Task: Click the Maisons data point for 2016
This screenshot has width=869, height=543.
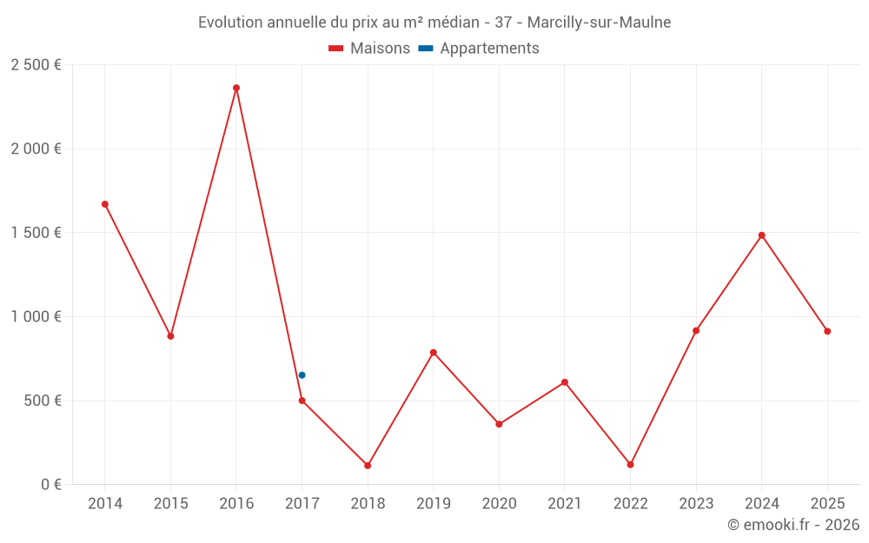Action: pyautogui.click(x=236, y=88)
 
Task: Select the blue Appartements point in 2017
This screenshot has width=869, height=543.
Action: pyautogui.click(x=302, y=375)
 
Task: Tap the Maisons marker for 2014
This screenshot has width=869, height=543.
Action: pyautogui.click(x=105, y=204)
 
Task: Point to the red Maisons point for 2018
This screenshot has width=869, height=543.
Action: pyautogui.click(x=368, y=466)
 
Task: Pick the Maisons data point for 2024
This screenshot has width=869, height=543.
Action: pyautogui.click(x=762, y=235)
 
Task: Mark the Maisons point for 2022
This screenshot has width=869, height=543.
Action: pyautogui.click(x=631, y=465)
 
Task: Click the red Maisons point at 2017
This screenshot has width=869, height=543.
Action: pyautogui.click(x=302, y=401)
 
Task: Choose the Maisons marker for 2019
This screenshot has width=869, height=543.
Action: pyautogui.click(x=434, y=353)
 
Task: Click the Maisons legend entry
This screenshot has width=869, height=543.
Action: pyautogui.click(x=369, y=49)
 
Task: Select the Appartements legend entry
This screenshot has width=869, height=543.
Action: pyautogui.click(x=480, y=49)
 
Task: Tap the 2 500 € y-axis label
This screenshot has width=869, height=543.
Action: pyautogui.click(x=36, y=65)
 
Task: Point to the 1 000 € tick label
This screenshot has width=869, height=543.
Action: pyautogui.click(x=36, y=317)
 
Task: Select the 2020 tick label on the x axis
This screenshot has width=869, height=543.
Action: pyautogui.click(x=499, y=504)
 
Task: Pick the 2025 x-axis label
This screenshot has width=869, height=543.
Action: pyautogui.click(x=827, y=504)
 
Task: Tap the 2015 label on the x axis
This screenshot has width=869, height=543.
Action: pyautogui.click(x=170, y=504)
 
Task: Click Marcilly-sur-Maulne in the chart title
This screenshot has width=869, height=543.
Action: pyautogui.click(x=599, y=23)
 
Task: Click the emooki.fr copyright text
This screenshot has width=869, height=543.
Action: pyautogui.click(x=793, y=525)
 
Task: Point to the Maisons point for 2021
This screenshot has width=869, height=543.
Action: pyautogui.click(x=565, y=382)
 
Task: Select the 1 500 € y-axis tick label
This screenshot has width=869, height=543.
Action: pyautogui.click(x=36, y=233)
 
